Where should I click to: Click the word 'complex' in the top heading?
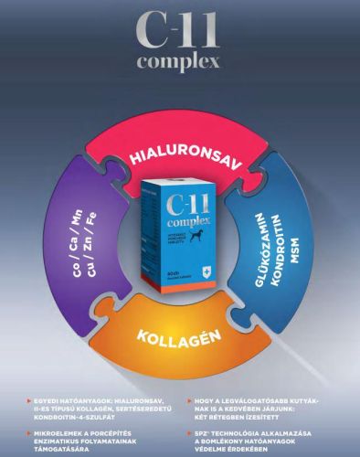[180, 64]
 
